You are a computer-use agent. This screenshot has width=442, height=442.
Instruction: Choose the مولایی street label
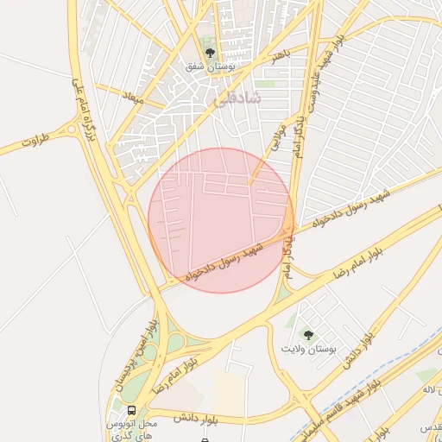(x=278, y=137)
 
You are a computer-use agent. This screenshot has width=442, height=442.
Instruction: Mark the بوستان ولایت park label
(x=307, y=349)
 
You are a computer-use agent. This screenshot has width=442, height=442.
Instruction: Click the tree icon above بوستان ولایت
(x=307, y=334)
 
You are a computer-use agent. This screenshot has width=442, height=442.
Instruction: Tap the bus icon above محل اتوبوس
(x=131, y=411)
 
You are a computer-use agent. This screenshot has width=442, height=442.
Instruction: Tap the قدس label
(x=429, y=428)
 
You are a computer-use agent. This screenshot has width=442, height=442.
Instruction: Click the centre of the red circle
(x=221, y=220)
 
